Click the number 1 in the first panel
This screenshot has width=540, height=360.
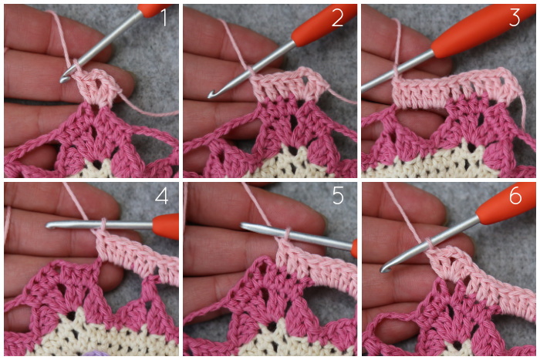(164, 18)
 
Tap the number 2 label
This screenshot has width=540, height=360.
(338, 18)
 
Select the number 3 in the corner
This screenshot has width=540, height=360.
(515, 18)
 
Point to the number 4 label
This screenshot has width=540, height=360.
(161, 196)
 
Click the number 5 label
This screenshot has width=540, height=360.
(338, 196)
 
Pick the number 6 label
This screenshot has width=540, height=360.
(515, 196)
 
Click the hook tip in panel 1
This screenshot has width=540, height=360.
(62, 80)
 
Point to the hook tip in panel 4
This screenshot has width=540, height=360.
(49, 225)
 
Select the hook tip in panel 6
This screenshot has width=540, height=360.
(383, 269)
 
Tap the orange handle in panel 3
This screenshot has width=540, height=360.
(482, 29)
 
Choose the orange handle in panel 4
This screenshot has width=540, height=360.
(165, 226)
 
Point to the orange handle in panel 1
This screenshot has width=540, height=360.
(154, 10)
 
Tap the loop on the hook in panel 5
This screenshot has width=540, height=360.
(288, 234)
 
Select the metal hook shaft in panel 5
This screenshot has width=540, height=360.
(296, 236)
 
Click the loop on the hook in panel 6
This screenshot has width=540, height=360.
(429, 244)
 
